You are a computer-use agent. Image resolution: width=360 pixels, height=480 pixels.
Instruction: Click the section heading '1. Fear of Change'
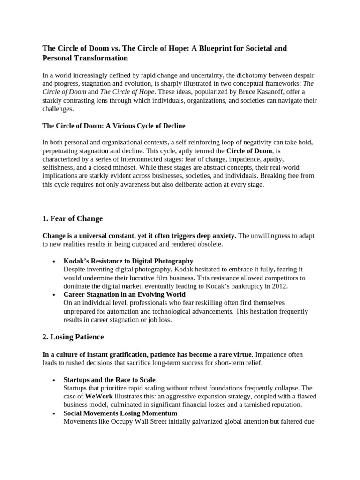click(72, 218)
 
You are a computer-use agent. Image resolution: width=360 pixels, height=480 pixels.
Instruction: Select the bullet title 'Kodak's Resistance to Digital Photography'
click(128, 261)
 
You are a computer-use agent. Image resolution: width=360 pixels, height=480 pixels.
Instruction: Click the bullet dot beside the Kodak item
click(54, 261)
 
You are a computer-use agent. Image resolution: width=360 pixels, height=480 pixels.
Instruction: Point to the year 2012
click(279, 286)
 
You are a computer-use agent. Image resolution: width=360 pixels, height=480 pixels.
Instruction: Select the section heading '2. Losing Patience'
click(73, 337)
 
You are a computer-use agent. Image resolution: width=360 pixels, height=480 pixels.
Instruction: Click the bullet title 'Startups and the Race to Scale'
click(109, 379)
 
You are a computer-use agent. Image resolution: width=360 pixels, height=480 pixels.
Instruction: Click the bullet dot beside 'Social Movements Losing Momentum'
click(54, 413)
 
